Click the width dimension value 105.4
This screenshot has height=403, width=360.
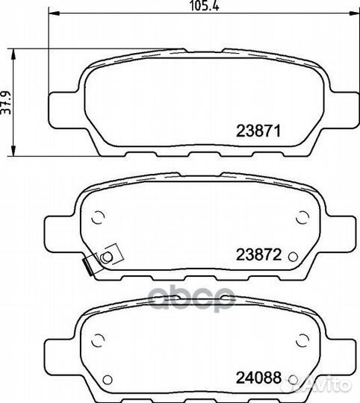[204, 6]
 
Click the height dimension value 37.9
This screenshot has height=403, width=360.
[6, 102]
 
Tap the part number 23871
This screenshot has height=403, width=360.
[258, 131]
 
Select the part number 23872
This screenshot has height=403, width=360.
[259, 254]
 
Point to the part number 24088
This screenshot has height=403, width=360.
[258, 378]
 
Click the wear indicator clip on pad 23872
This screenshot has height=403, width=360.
[102, 259]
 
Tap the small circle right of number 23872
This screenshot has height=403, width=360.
[293, 257]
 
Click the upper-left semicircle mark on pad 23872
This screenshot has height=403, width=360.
[98, 217]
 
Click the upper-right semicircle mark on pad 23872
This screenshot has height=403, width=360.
[302, 217]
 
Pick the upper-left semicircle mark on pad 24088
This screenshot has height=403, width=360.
[98, 340]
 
